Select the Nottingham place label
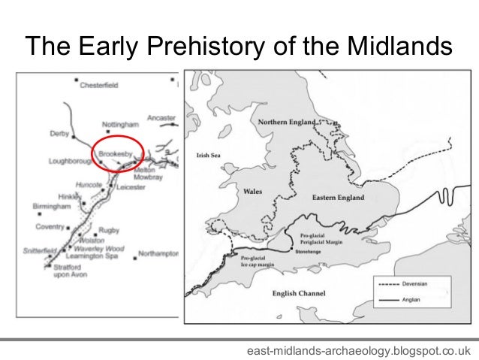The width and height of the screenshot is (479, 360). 121,123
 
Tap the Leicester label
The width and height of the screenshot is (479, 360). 131,187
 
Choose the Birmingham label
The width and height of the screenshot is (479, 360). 51,205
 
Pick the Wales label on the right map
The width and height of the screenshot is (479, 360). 252,192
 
